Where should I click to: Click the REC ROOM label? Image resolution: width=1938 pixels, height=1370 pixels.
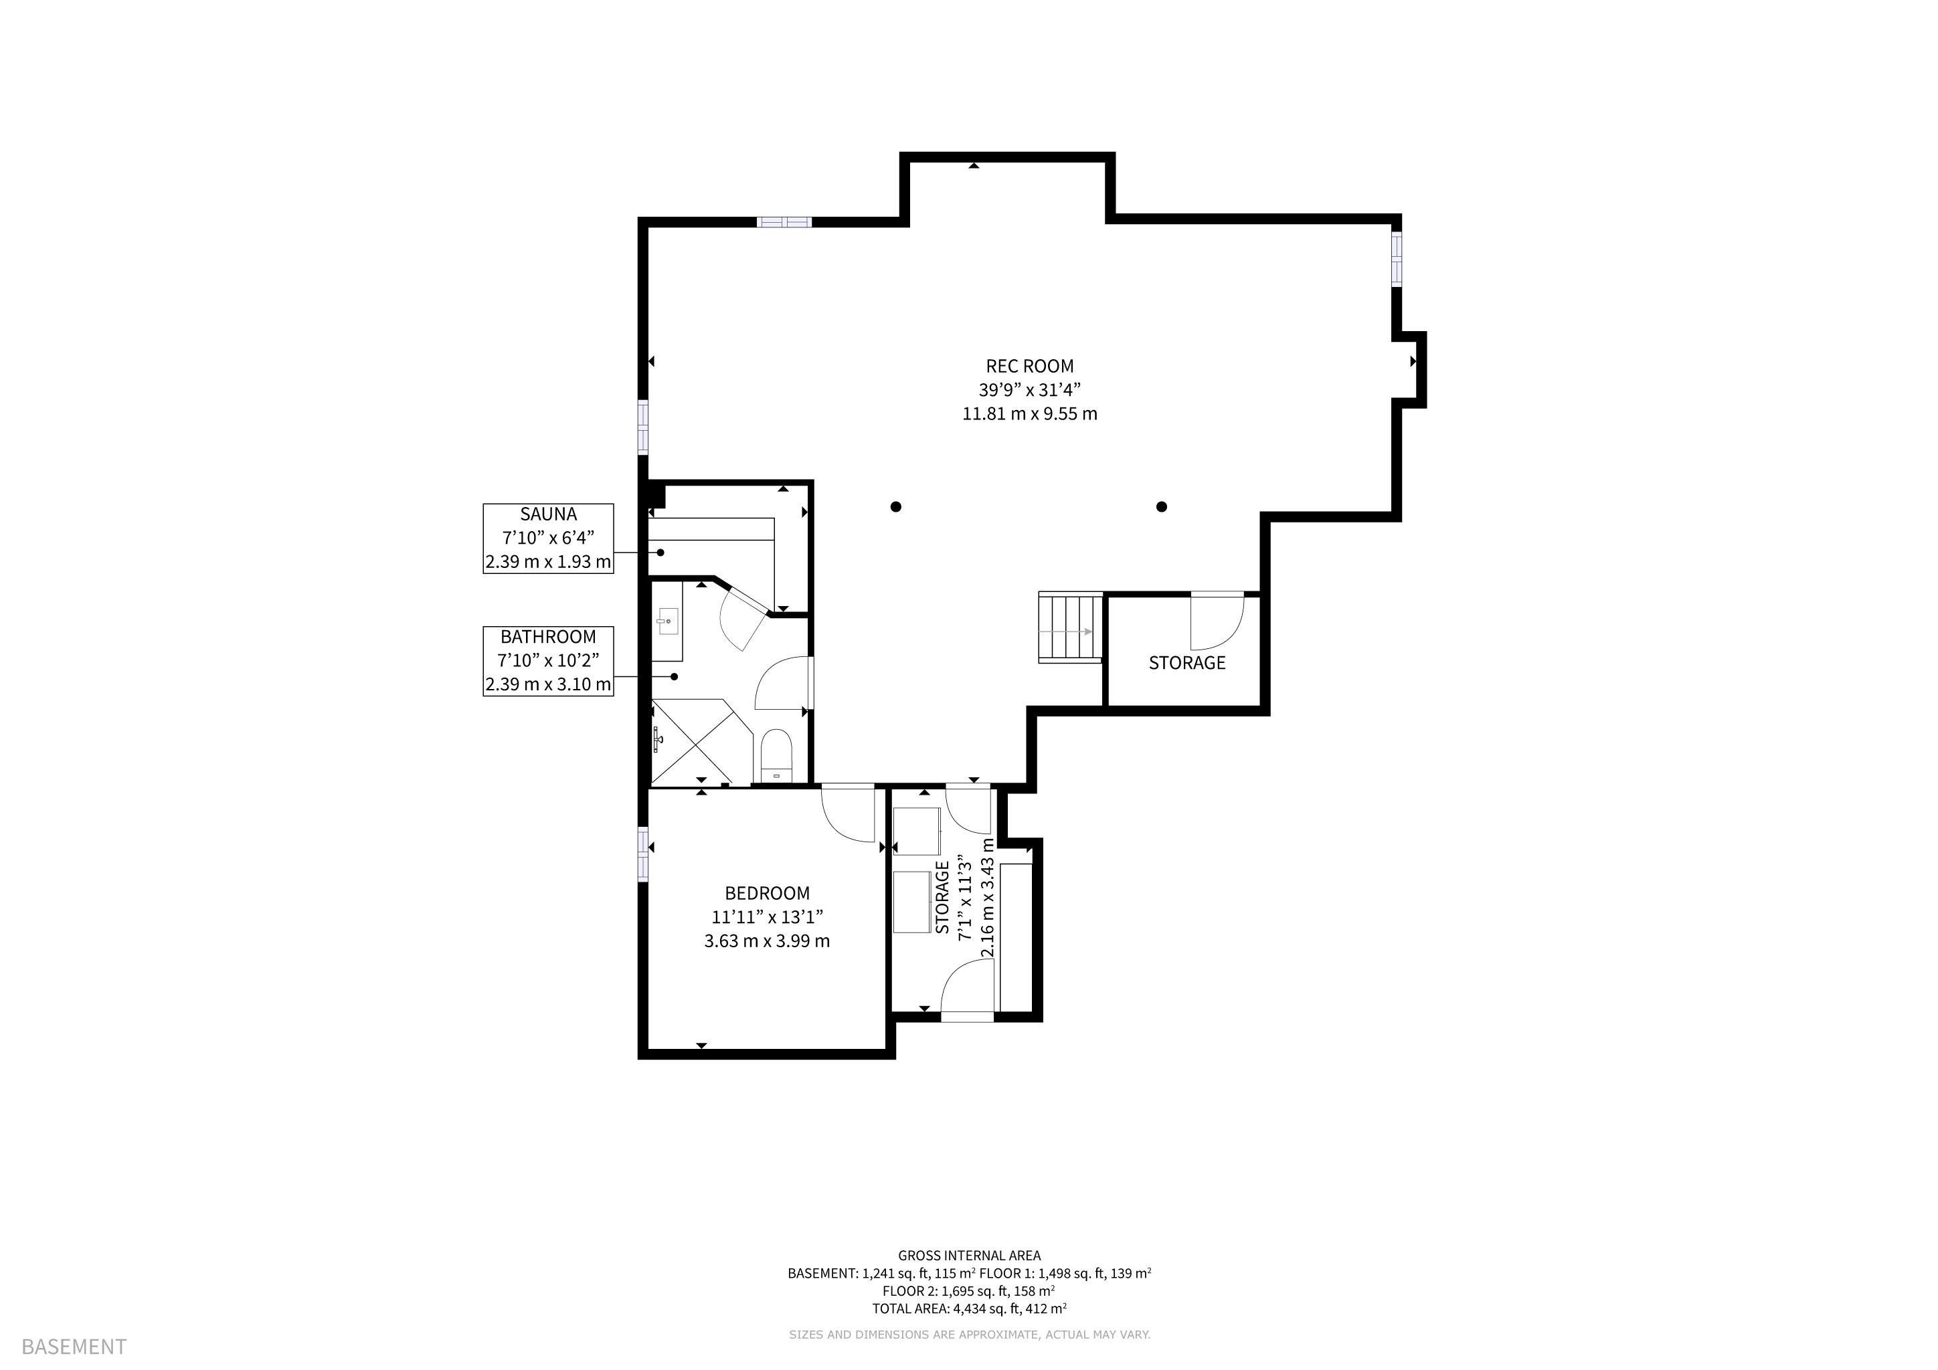point(1030,366)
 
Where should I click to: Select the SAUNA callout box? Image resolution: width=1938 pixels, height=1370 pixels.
point(548,539)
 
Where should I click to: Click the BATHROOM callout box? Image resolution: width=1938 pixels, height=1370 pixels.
point(548,660)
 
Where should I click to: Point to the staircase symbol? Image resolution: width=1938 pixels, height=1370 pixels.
point(1070,629)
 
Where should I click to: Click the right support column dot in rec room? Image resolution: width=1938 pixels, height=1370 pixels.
point(1162,507)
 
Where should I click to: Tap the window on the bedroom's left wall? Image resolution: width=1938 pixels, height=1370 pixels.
point(643,854)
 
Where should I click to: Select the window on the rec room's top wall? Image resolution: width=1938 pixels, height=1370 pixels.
point(784,222)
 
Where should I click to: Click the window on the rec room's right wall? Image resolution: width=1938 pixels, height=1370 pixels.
point(1397,258)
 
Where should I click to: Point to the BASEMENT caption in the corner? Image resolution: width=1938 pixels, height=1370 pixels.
point(74,1347)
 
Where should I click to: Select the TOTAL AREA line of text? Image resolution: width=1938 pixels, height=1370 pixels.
point(969,1309)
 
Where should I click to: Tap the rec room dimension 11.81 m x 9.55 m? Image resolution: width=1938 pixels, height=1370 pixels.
point(1030,414)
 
